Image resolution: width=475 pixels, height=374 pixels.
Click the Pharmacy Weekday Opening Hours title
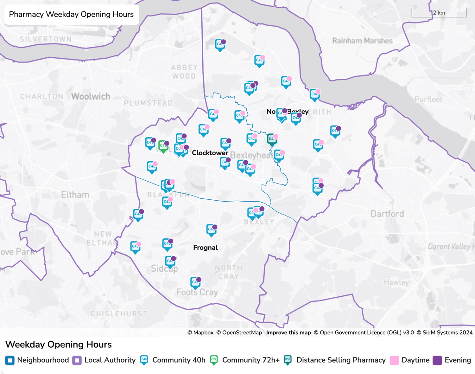click(x=71, y=14)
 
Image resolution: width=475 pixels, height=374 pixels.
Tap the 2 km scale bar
click(x=439, y=13)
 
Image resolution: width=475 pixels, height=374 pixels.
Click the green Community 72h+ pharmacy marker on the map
click(x=163, y=146)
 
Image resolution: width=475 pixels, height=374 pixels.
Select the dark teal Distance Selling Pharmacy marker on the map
click(x=272, y=139)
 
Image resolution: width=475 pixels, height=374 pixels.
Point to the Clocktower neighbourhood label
click(x=210, y=153)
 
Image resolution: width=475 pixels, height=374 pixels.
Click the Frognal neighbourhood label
click(x=205, y=248)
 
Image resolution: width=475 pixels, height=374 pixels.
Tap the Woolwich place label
click(x=91, y=96)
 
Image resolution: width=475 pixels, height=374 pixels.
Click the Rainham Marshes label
click(x=362, y=41)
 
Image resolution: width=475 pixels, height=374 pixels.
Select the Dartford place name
click(x=387, y=214)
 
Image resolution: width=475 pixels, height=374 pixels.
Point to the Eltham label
click(x=75, y=195)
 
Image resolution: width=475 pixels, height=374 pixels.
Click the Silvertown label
click(x=45, y=39)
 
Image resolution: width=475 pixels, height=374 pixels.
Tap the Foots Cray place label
click(x=197, y=292)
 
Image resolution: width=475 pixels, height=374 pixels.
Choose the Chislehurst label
click(x=119, y=313)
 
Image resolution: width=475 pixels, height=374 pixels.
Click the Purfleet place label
click(x=428, y=100)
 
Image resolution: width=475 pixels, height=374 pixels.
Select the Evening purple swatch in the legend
click(x=437, y=360)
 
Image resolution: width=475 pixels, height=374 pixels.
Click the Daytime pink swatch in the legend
click(x=394, y=360)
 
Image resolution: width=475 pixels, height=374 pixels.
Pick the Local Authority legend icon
click(x=77, y=360)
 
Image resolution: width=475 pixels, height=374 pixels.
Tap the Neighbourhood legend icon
click(x=10, y=360)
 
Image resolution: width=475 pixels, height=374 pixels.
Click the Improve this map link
click(x=288, y=332)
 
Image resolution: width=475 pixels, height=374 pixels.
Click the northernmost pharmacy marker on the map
click(x=220, y=45)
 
